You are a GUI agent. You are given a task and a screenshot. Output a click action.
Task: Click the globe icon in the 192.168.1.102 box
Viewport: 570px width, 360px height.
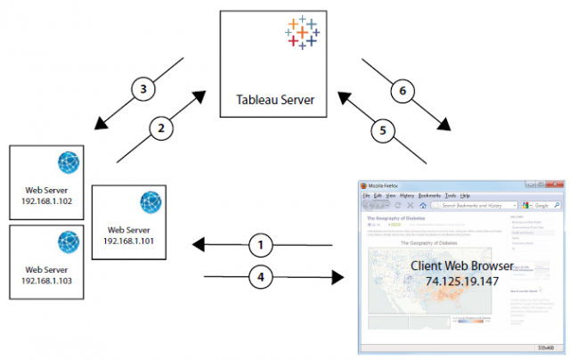point(69,163)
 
